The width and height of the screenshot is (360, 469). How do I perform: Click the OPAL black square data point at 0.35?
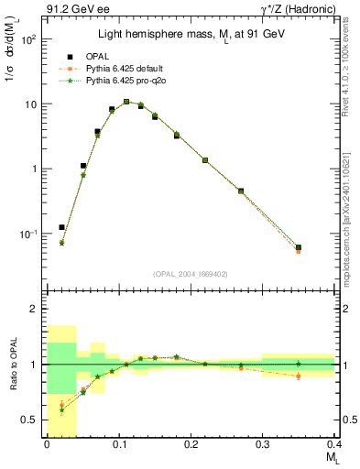click(299, 247)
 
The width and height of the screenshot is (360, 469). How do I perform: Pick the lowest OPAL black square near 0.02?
click(61, 227)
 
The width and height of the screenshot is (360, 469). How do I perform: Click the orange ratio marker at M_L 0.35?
click(299, 376)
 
